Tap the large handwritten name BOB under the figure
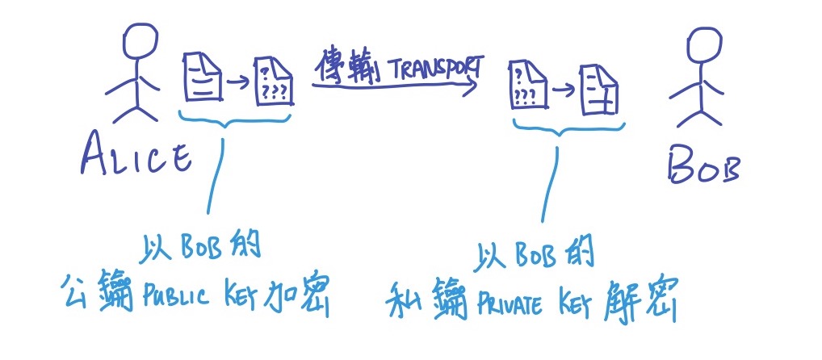coord(703,166)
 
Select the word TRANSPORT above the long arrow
coord(435,69)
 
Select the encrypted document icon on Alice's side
coord(274,82)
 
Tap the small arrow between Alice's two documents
coord(237,81)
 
